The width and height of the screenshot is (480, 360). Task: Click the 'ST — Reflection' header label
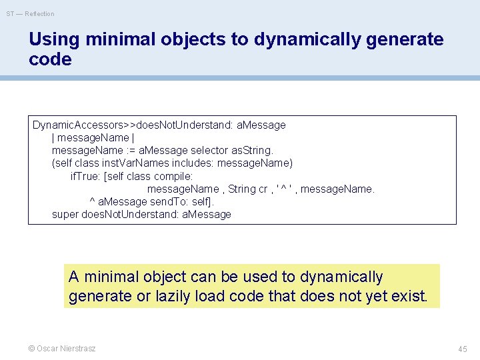(x=30, y=13)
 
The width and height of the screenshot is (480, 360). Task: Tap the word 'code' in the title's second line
(x=50, y=59)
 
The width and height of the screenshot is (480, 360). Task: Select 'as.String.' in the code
(x=254, y=150)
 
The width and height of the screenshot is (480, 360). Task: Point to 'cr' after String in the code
(x=265, y=189)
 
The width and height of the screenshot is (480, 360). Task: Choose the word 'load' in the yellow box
(x=213, y=295)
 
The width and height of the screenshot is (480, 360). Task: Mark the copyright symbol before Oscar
(x=32, y=349)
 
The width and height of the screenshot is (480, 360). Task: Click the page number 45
(x=463, y=349)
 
